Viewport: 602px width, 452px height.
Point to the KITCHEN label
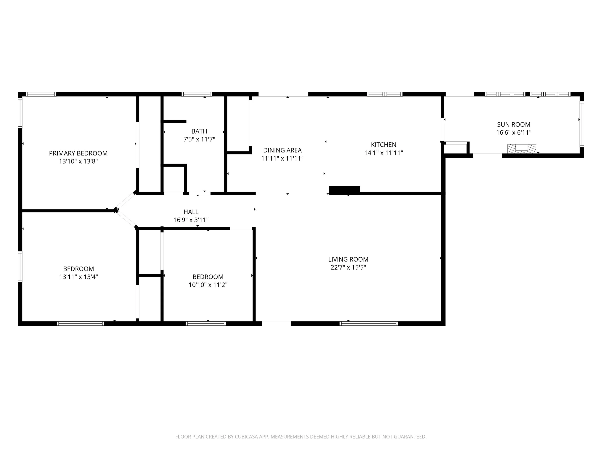click(x=383, y=145)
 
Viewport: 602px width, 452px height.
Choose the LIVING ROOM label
click(x=348, y=259)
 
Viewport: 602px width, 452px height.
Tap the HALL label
click(x=191, y=212)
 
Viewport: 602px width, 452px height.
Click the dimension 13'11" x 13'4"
click(x=78, y=277)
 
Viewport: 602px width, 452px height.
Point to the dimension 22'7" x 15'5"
click(x=348, y=267)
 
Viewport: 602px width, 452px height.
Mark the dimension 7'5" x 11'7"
click(x=199, y=139)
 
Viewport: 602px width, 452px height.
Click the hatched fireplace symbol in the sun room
click(x=522, y=148)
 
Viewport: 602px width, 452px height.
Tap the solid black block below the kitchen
click(x=345, y=190)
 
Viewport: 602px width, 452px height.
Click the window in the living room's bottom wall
click(x=369, y=323)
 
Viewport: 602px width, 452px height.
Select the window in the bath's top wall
click(x=197, y=94)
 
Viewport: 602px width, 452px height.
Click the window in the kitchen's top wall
click(x=384, y=94)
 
